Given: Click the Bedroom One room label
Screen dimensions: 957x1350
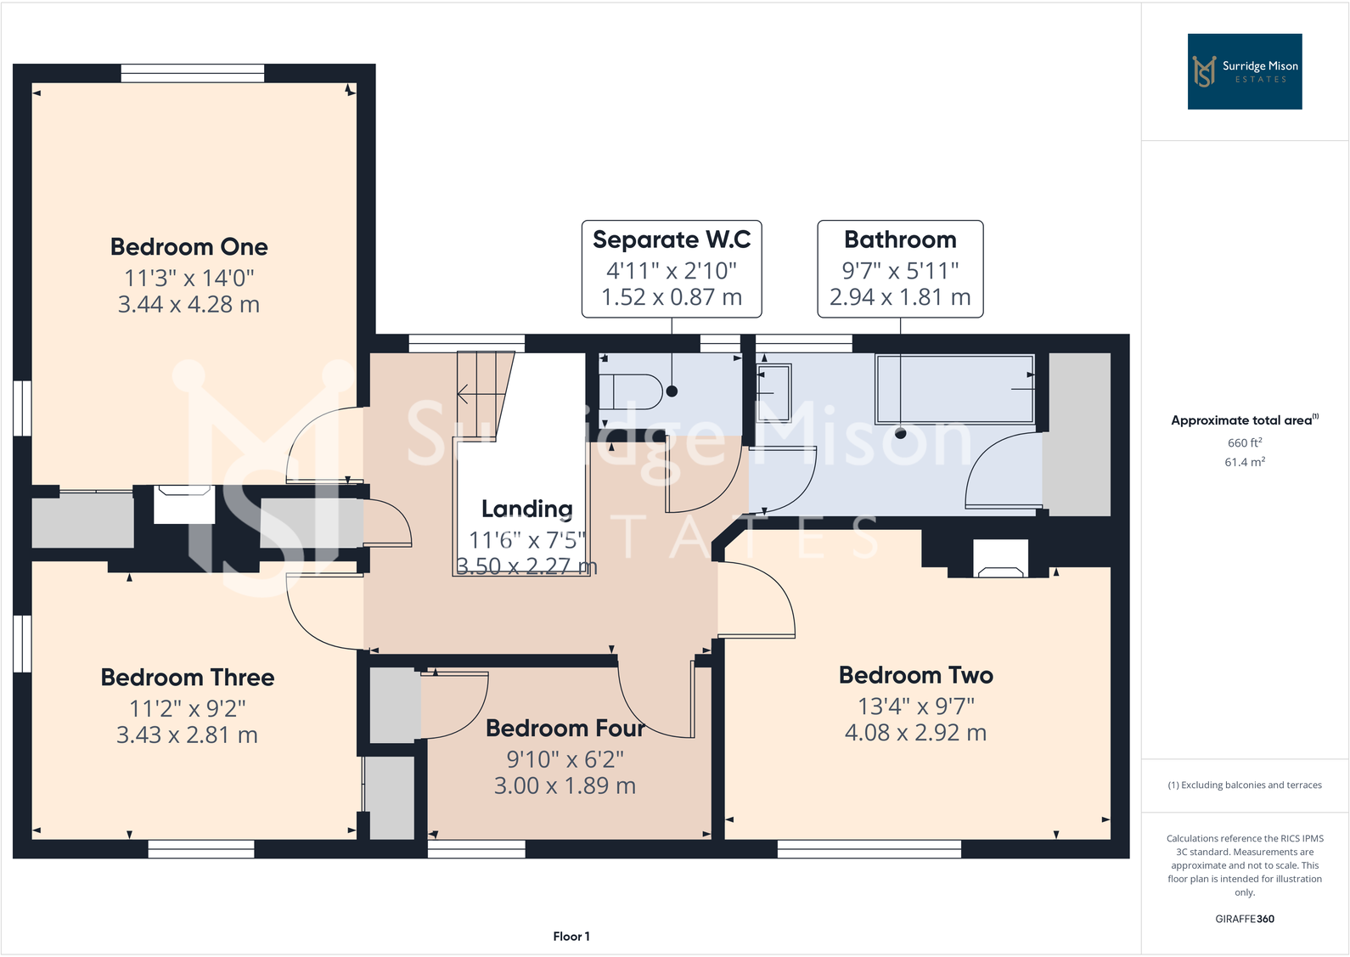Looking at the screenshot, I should (x=188, y=247).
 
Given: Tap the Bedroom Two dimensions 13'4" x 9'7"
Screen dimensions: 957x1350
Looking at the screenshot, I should (x=916, y=706).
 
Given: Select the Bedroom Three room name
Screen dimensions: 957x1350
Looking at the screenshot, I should (x=188, y=678).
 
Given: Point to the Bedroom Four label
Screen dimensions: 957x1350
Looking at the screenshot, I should (x=565, y=729).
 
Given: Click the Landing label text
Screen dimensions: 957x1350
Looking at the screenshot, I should (x=526, y=509).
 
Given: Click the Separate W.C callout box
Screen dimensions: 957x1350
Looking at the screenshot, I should (x=671, y=268).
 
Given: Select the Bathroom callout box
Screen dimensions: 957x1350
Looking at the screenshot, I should (x=900, y=268).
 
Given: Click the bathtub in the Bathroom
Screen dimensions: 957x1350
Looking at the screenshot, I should (x=954, y=389).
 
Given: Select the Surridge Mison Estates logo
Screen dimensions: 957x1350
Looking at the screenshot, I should (x=1244, y=71).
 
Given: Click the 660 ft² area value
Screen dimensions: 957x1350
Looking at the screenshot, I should (x=1245, y=442).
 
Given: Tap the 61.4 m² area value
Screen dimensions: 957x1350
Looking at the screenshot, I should (x=1245, y=462).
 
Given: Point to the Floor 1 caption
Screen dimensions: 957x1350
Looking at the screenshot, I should (x=571, y=936).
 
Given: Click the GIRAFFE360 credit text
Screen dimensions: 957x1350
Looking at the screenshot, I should (x=1244, y=919).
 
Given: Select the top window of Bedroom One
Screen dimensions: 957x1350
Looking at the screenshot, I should (x=193, y=74).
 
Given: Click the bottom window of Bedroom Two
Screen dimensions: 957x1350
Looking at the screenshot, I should (x=869, y=848).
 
